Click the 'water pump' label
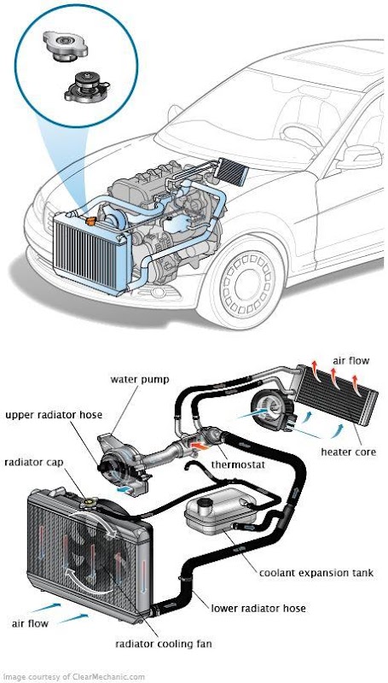(139, 379)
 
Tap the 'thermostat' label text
(238, 464)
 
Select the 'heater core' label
(348, 452)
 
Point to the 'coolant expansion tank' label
(316, 573)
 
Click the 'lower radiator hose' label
(258, 608)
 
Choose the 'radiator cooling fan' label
(163, 644)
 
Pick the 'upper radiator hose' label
(54, 414)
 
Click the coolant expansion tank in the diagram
(220, 510)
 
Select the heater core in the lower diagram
(336, 395)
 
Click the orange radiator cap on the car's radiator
(91, 221)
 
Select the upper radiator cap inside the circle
(66, 45)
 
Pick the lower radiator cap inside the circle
(85, 87)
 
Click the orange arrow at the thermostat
(199, 446)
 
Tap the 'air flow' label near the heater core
(351, 360)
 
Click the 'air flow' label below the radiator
(30, 623)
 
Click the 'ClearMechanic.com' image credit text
(110, 677)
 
